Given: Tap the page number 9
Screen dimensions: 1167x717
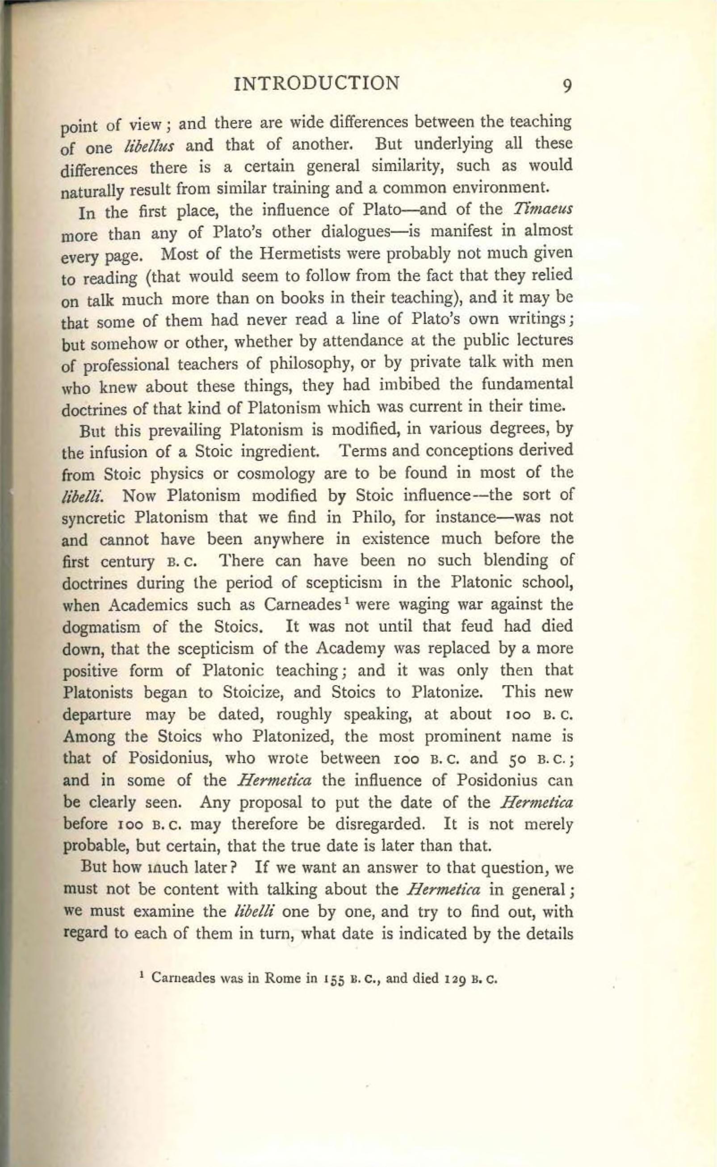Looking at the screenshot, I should click(x=567, y=85).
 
